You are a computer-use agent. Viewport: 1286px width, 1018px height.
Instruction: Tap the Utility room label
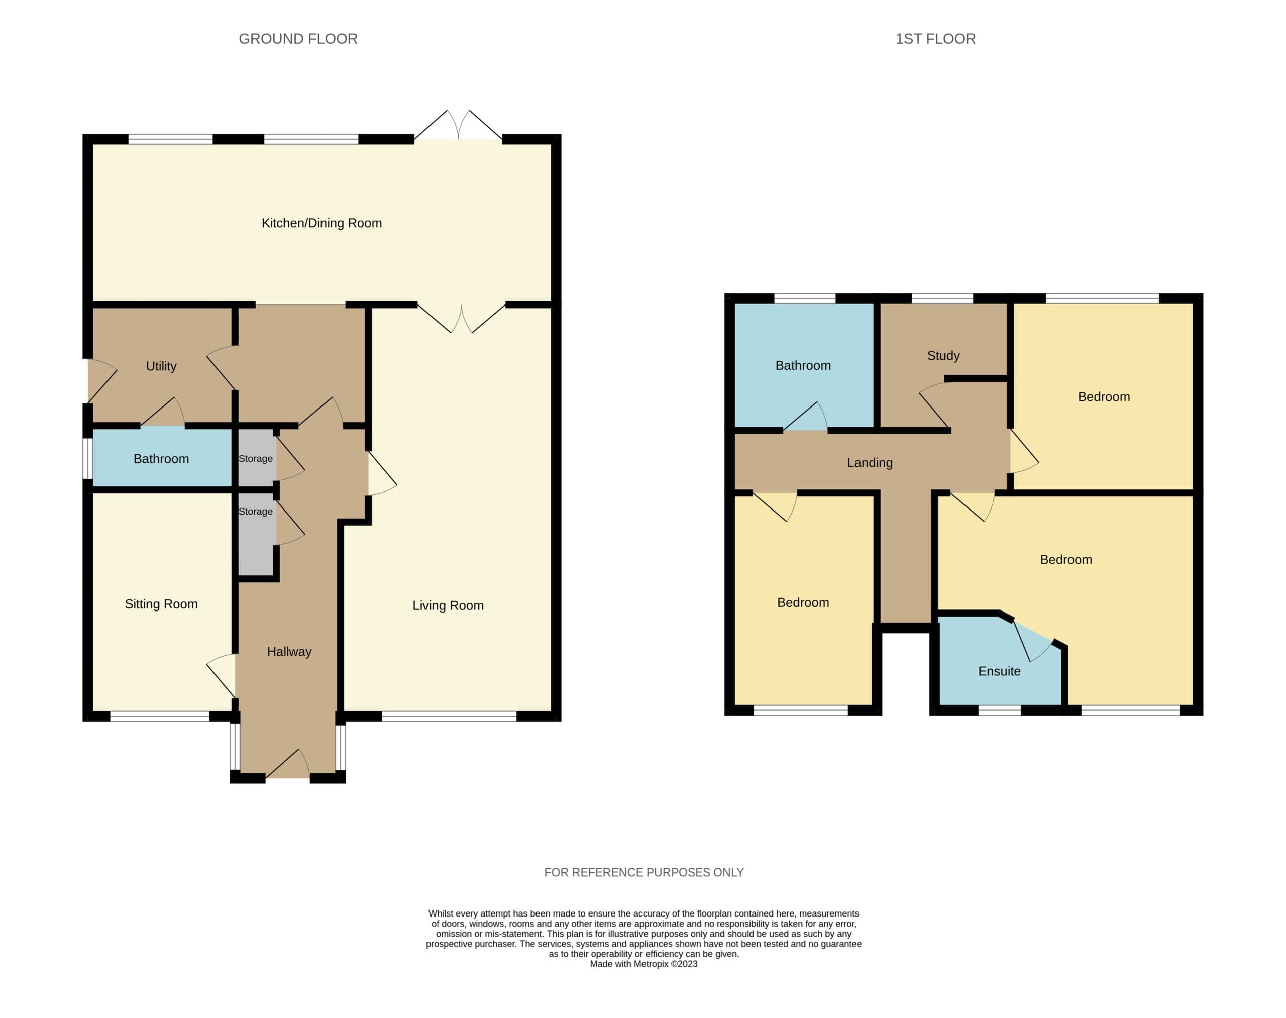point(161,366)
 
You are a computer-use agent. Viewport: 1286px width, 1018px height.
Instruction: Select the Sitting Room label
point(161,604)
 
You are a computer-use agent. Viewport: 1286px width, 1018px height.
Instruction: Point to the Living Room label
point(448,605)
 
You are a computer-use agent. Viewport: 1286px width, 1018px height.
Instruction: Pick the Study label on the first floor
point(943,356)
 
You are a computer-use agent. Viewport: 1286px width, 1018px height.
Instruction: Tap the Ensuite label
point(999,671)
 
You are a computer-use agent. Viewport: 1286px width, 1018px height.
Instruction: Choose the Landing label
point(870,462)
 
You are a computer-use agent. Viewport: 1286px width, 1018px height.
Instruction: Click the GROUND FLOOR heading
point(298,39)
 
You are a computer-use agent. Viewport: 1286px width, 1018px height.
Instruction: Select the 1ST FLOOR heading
point(935,39)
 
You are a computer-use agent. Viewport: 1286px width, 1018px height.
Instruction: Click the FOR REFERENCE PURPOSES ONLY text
point(644,873)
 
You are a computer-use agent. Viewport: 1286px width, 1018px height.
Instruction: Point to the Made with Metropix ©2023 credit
point(644,964)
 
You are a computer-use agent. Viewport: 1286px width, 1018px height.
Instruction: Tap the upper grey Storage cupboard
point(257,458)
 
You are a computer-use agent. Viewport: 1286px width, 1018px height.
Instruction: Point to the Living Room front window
point(449,717)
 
